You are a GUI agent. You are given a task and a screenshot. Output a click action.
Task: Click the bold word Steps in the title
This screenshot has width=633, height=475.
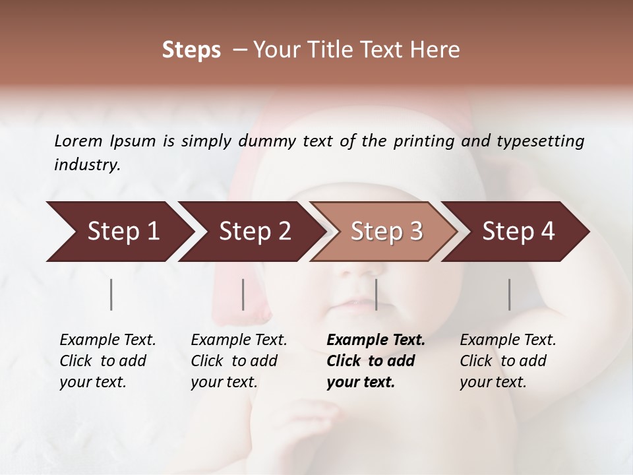click(191, 50)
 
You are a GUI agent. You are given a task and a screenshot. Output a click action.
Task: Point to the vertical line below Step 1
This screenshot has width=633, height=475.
click(111, 294)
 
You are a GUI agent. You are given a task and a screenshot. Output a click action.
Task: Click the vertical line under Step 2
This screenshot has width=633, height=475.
click(243, 294)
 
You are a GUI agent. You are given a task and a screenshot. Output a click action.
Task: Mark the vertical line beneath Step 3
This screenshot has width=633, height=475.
click(376, 294)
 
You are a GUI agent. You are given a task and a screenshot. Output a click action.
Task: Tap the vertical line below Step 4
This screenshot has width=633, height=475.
click(510, 294)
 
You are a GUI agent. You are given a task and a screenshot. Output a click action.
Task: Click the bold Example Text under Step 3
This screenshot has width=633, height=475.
click(376, 340)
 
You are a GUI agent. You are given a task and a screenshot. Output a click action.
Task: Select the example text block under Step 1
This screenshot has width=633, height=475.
click(107, 361)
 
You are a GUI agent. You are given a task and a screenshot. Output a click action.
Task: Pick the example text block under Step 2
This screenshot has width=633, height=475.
click(239, 361)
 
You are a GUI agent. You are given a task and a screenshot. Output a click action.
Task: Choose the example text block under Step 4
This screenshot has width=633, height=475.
click(508, 361)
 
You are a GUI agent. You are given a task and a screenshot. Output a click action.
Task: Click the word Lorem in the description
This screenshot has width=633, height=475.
click(78, 141)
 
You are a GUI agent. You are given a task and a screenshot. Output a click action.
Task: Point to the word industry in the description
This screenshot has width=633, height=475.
click(86, 165)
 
